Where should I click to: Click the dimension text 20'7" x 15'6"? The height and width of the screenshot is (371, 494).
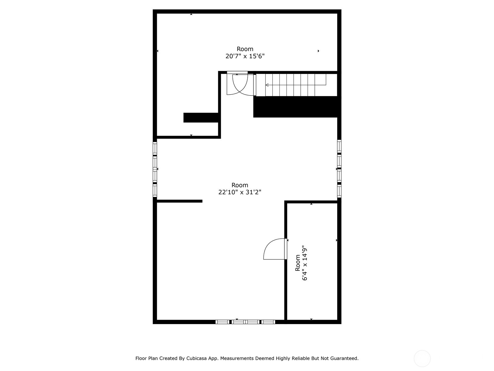pyautogui.click(x=245, y=56)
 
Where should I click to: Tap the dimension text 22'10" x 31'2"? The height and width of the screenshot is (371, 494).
pyautogui.click(x=240, y=192)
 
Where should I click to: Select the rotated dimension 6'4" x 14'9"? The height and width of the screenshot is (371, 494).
pyautogui.click(x=305, y=264)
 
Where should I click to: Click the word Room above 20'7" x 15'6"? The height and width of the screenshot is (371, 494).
pyautogui.click(x=245, y=49)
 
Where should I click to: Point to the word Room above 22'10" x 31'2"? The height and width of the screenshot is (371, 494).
pyautogui.click(x=240, y=185)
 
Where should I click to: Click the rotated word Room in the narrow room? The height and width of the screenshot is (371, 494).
pyautogui.click(x=298, y=262)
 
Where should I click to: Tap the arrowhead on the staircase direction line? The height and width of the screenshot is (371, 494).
pyautogui.click(x=267, y=85)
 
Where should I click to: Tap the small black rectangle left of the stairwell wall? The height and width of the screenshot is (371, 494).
pyautogui.click(x=201, y=118)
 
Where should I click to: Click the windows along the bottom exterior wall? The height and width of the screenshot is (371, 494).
pyautogui.click(x=245, y=322)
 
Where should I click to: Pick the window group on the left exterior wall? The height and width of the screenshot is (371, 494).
pyautogui.click(x=155, y=169)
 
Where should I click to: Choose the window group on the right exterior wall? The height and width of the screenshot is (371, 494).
pyautogui.click(x=339, y=168)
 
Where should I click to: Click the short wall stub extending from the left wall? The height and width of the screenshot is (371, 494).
pyautogui.click(x=179, y=201)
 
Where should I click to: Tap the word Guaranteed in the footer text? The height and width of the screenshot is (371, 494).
pyautogui.click(x=344, y=358)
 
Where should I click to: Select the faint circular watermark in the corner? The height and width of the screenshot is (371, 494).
pyautogui.click(x=422, y=359)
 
